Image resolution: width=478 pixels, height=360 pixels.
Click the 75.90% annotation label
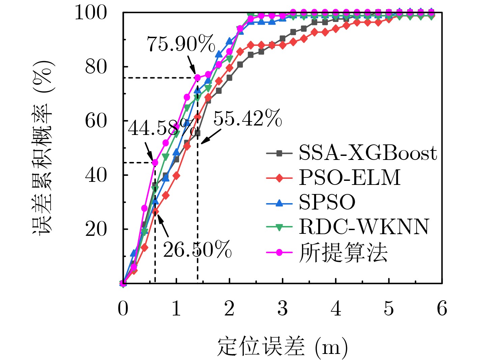point(181,44)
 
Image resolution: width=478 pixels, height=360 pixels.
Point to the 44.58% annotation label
point(162,128)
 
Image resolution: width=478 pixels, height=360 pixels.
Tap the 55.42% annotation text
point(248,118)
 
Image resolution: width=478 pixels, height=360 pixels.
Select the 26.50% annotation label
point(197,250)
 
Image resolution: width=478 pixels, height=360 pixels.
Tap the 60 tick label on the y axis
point(96,121)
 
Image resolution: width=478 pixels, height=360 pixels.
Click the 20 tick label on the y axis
point(96,229)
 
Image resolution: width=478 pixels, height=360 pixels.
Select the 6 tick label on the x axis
point(442,308)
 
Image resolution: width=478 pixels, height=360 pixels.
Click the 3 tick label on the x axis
point(283,308)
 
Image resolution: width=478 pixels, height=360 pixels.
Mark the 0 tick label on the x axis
point(123,308)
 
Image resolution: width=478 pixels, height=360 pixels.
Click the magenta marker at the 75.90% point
point(197,78)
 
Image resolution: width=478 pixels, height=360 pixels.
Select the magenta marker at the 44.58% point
point(155,163)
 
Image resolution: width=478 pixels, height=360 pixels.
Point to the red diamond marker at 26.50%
point(155,212)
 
